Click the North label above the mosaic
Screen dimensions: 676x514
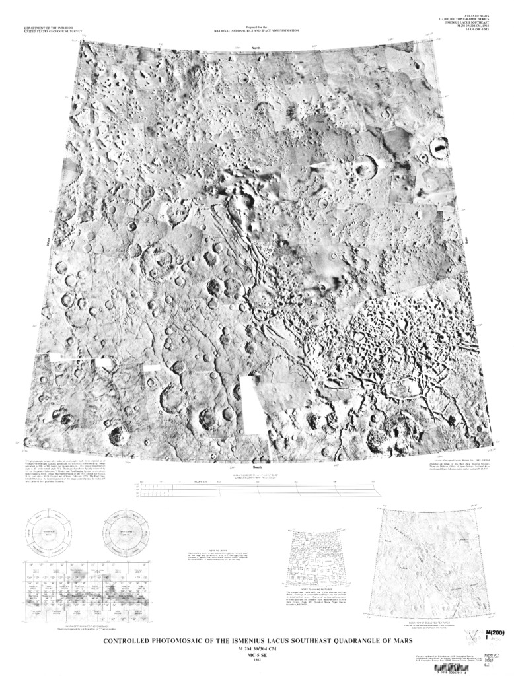[x=256, y=49]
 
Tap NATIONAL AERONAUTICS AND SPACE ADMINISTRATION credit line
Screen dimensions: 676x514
[x=256, y=31]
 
